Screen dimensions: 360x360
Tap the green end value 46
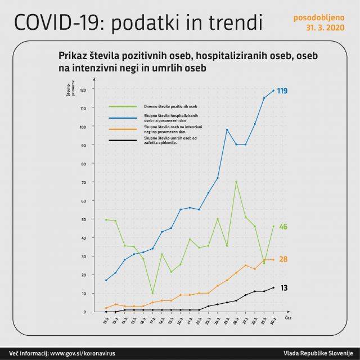(283, 227)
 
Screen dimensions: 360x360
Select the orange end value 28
(283, 259)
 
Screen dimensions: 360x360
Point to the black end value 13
(283, 288)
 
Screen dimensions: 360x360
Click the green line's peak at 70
(236, 182)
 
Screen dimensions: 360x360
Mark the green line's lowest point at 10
(152, 293)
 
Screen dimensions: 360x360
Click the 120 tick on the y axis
(83, 90)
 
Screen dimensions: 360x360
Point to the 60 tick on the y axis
(83, 201)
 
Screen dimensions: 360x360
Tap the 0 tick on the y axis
(85, 312)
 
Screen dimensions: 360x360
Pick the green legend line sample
(123, 106)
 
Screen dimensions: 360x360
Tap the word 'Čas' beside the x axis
(288, 318)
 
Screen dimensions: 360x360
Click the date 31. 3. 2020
(325, 26)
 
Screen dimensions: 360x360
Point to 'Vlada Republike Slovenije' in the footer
(318, 353)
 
